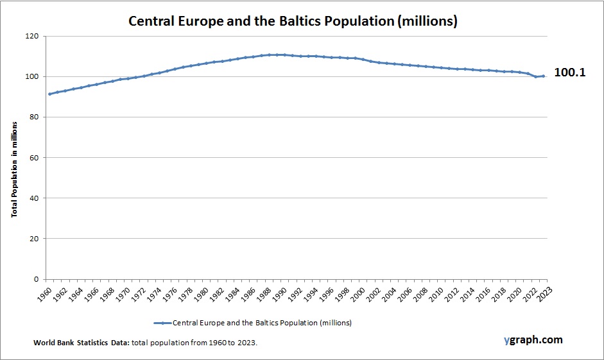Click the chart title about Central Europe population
click(x=293, y=21)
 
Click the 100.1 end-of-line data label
click(x=569, y=73)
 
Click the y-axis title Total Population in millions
click(x=13, y=158)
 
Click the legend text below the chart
click(x=262, y=322)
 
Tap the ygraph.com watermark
click(x=533, y=340)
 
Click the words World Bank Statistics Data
click(x=82, y=343)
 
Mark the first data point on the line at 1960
click(x=50, y=94)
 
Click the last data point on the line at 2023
click(x=544, y=76)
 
